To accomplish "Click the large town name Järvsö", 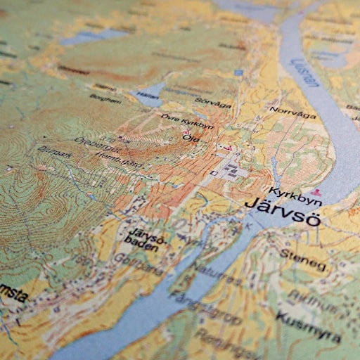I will [283, 212].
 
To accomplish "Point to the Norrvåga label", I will [293, 112].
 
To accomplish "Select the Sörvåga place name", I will [213, 104].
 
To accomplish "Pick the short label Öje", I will [191, 138].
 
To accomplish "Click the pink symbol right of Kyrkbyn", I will [317, 191].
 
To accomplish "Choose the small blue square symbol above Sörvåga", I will [238, 72].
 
